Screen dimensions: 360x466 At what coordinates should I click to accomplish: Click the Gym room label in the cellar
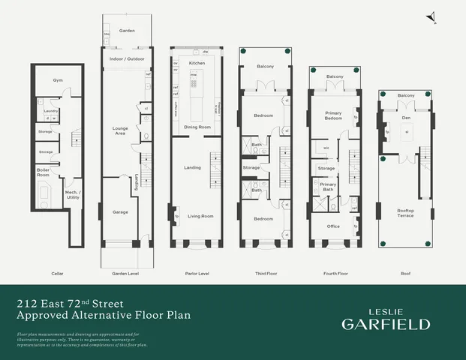click(58, 79)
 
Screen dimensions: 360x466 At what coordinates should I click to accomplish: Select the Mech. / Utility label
click(74, 194)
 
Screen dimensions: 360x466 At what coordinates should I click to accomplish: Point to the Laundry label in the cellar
click(51, 111)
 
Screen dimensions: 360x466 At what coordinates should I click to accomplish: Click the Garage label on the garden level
click(120, 212)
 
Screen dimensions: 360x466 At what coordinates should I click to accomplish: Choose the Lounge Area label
click(120, 130)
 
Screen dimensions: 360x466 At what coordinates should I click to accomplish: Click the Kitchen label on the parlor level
click(197, 63)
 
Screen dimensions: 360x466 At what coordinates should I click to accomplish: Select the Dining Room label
click(197, 127)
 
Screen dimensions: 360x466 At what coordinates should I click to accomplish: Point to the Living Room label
click(200, 216)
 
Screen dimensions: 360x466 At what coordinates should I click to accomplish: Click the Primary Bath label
click(328, 186)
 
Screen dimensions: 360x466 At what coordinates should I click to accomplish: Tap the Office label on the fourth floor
click(334, 226)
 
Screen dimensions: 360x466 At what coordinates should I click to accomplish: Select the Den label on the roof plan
click(406, 117)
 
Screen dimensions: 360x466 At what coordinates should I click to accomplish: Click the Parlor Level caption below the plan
click(197, 274)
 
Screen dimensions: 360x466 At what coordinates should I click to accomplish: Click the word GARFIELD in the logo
click(386, 324)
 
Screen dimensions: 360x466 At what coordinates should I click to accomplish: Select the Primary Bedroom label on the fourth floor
click(333, 115)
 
